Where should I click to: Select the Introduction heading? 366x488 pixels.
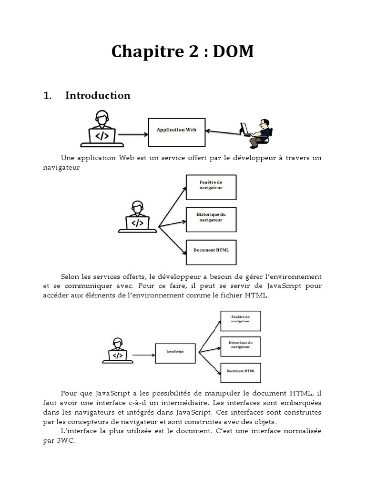tap(97, 95)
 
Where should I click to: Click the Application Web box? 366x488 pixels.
tap(177, 132)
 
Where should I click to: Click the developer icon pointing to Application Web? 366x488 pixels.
tap(102, 130)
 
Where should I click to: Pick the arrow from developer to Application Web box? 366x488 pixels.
tap(133, 134)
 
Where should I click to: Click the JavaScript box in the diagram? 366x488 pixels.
tap(175, 354)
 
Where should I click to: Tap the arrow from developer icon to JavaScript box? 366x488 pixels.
tap(143, 355)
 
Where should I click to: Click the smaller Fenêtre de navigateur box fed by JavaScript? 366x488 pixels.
tap(240, 321)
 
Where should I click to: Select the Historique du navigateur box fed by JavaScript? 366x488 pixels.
tap(240, 346)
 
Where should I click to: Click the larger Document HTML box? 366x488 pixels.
tap(211, 252)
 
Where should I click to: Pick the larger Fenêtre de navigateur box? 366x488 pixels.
tap(211, 187)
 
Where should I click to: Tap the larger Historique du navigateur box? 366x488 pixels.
tap(211, 219)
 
